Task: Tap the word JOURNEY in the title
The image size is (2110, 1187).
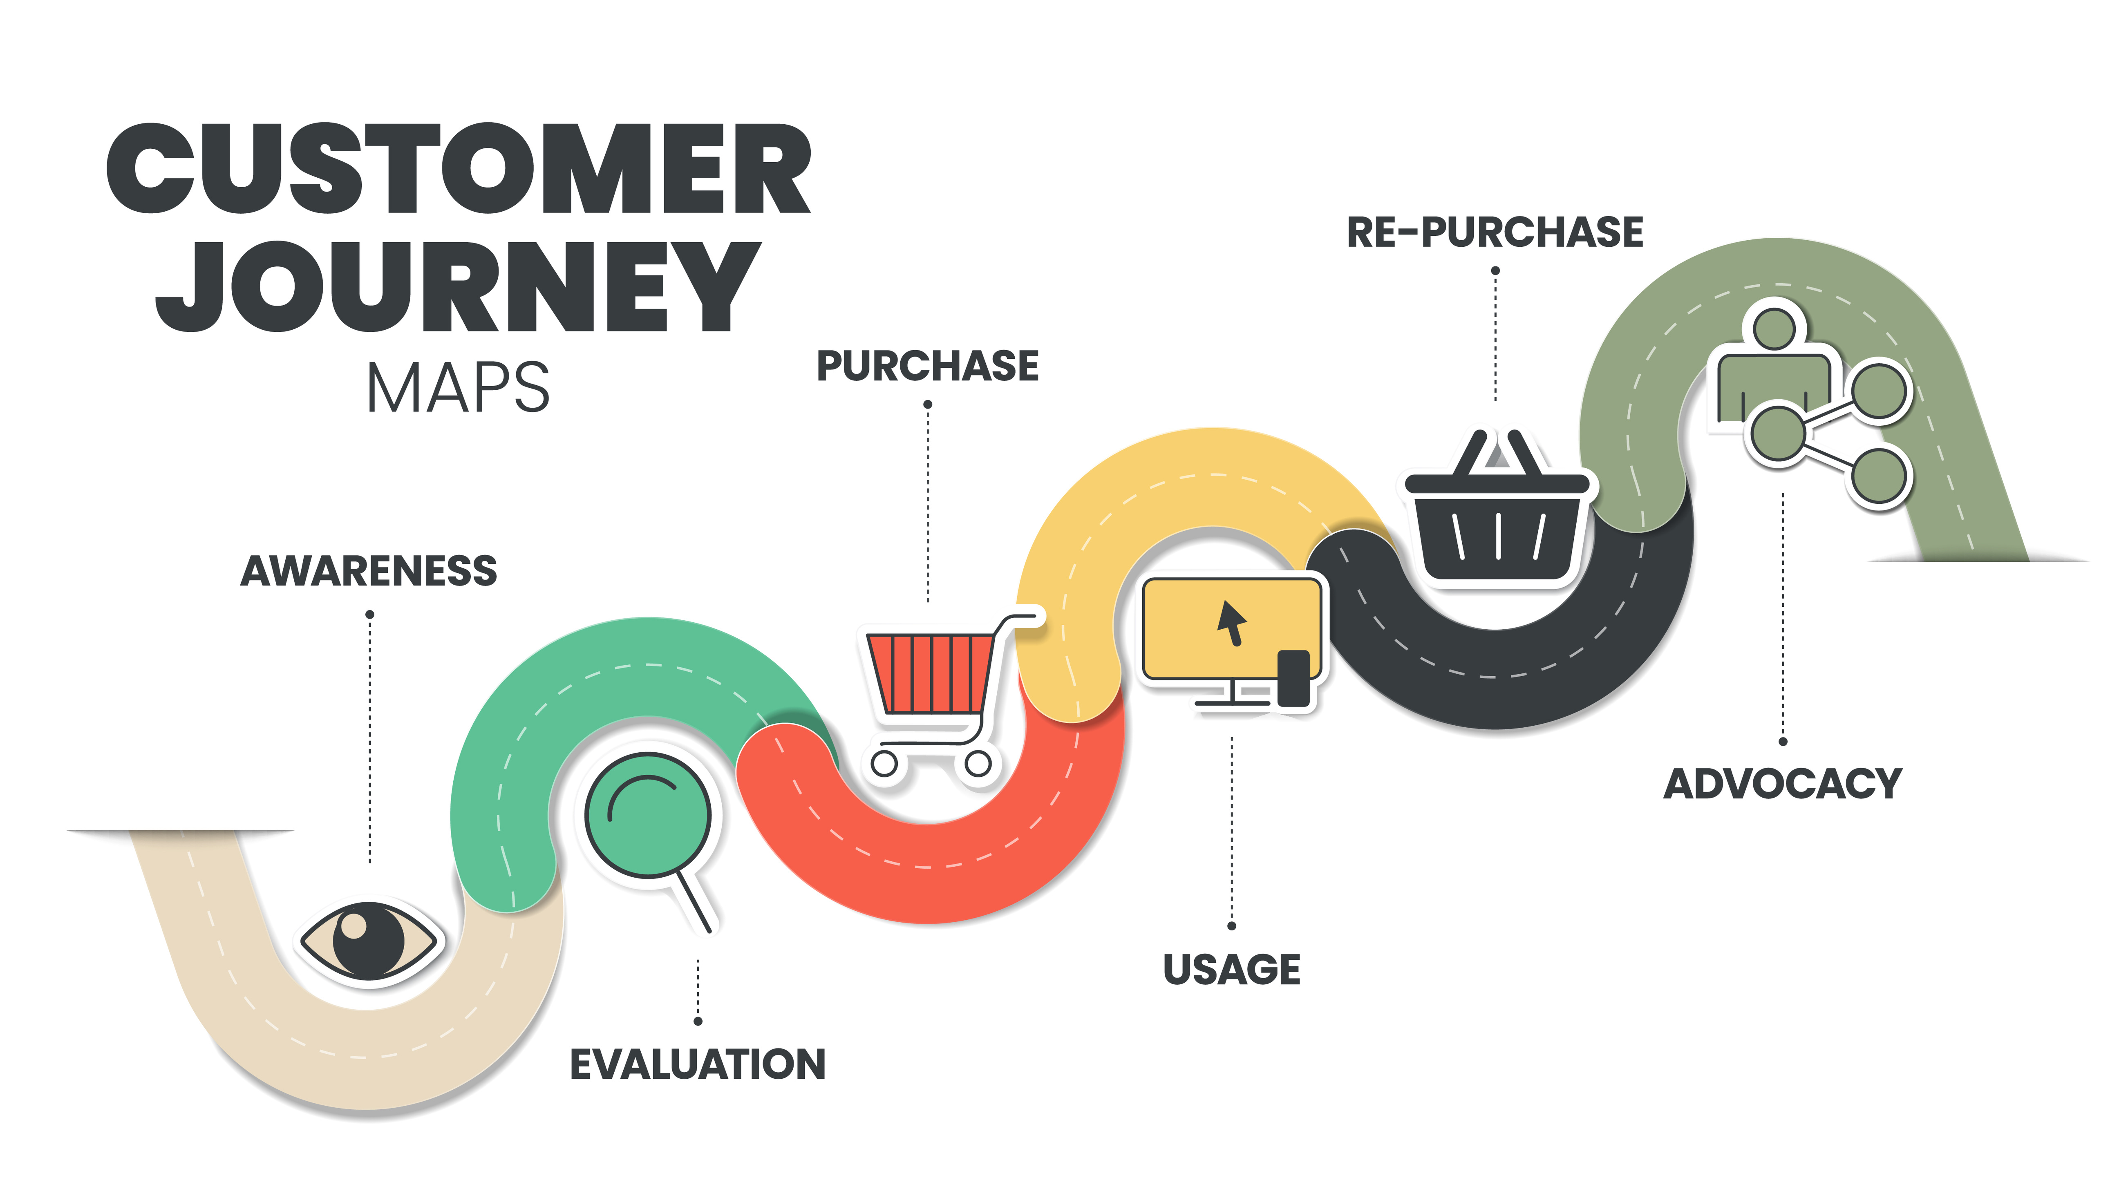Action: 459,287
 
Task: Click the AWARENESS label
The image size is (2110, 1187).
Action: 369,571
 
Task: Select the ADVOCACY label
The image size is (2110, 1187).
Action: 1782,784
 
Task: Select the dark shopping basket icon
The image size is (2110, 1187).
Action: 1497,524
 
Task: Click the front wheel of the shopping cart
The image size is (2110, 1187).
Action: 978,764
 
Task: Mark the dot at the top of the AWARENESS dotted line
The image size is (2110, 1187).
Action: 370,615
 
